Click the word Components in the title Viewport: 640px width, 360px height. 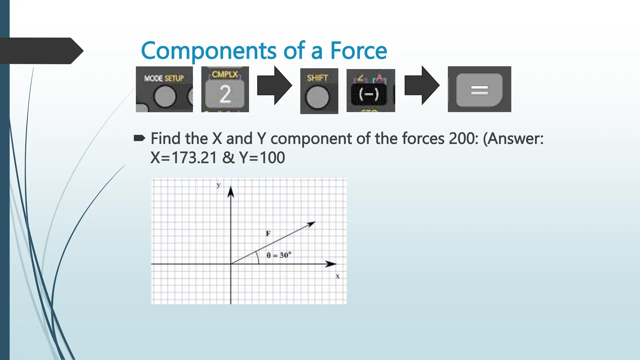(208, 51)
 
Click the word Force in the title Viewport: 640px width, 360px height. (358, 51)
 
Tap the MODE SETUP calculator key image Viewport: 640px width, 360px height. (164, 89)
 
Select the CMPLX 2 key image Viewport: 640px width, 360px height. (225, 89)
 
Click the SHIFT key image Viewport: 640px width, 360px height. (319, 91)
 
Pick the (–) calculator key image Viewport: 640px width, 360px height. (371, 91)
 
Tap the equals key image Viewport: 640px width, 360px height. (479, 89)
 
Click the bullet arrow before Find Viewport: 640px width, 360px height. (139, 138)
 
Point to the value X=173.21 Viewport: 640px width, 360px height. (183, 157)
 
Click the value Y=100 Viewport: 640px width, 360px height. (262, 157)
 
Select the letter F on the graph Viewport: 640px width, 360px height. (268, 233)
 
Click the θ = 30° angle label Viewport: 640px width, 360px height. (279, 255)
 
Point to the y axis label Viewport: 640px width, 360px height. (218, 185)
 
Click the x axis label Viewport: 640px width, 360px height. (337, 276)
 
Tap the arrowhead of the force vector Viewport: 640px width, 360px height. (312, 224)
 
